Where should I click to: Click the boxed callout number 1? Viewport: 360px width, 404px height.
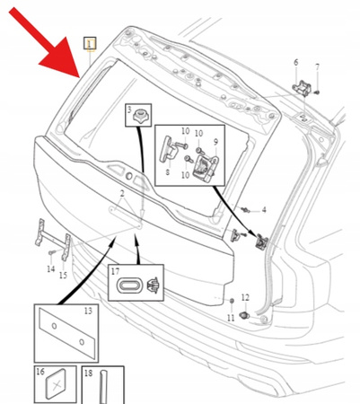pyautogui.click(x=90, y=44)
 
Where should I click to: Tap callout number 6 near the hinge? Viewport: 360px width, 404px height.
pyautogui.click(x=295, y=62)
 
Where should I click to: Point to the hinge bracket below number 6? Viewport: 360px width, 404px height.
pyautogui.click(x=302, y=87)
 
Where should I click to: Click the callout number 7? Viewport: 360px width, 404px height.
pyautogui.click(x=317, y=67)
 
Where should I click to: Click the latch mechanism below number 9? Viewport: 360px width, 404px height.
pyautogui.click(x=206, y=168)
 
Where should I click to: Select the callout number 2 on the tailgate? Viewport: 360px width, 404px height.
pyautogui.click(x=122, y=194)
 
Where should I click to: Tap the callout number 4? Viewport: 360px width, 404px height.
pyautogui.click(x=264, y=210)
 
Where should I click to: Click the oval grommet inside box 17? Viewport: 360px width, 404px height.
pyautogui.click(x=128, y=285)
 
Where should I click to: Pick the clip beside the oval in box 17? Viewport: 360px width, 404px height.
pyautogui.click(x=154, y=285)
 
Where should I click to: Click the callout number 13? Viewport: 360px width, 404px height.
pyautogui.click(x=88, y=312)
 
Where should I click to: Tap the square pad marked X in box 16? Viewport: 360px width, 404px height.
pyautogui.click(x=56, y=385)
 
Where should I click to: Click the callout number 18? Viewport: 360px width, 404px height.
pyautogui.click(x=89, y=373)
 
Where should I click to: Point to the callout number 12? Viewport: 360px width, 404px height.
pyautogui.click(x=245, y=297)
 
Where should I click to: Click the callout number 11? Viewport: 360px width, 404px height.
pyautogui.click(x=231, y=318)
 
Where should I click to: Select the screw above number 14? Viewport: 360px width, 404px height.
pyautogui.click(x=52, y=253)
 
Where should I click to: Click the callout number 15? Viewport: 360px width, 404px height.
pyautogui.click(x=63, y=275)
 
